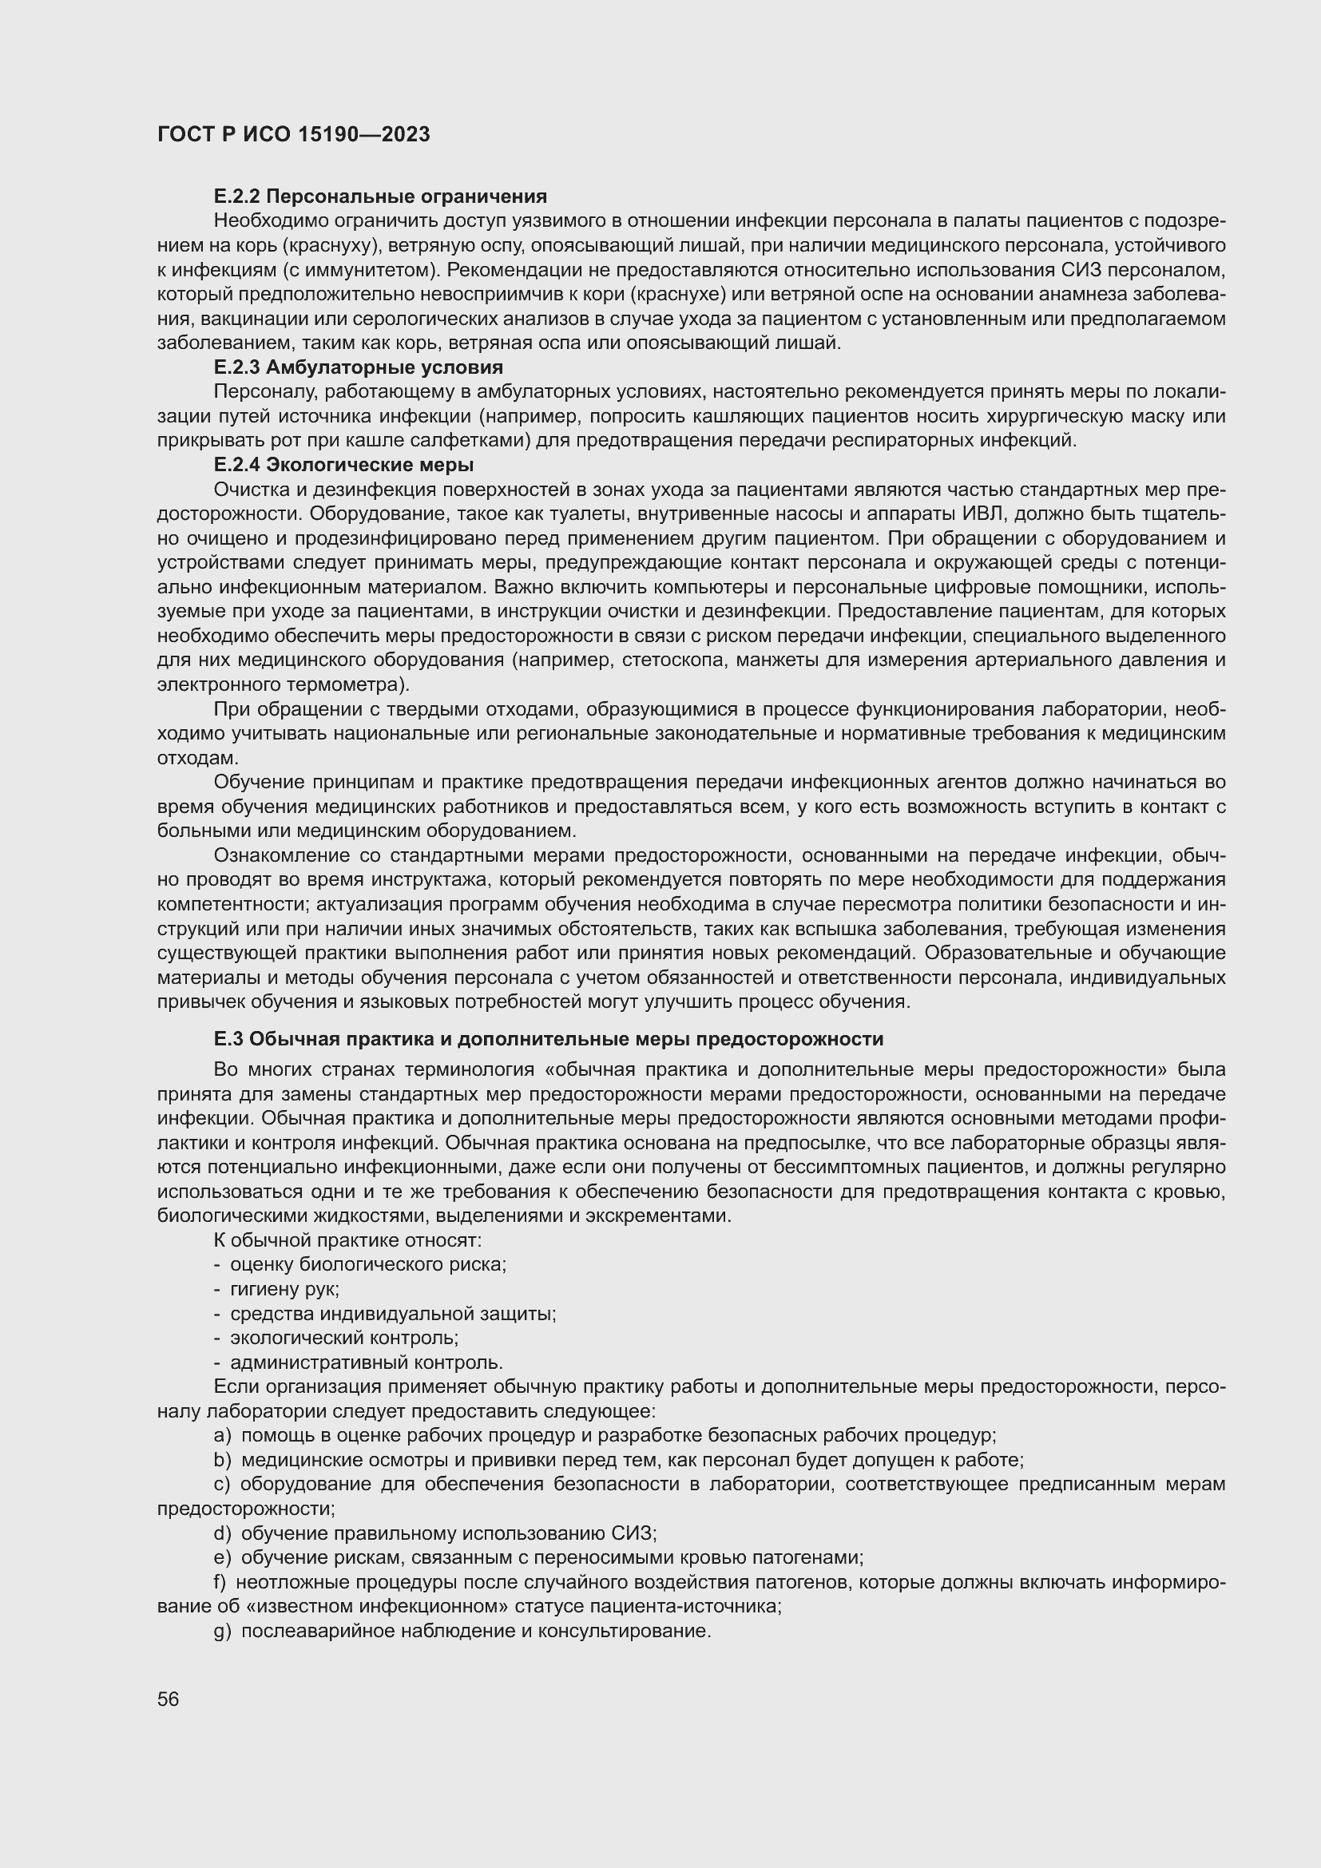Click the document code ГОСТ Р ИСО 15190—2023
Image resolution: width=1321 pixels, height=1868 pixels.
coord(293,134)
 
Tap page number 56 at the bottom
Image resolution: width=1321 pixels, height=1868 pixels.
coord(168,1699)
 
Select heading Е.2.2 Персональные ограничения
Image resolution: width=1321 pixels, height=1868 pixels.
coord(380,196)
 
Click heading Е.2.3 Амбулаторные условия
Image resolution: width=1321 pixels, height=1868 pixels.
coord(358,367)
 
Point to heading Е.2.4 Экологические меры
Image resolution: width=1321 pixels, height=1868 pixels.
coord(343,465)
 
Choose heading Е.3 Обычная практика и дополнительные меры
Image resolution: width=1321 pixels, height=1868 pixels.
coord(548,1039)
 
